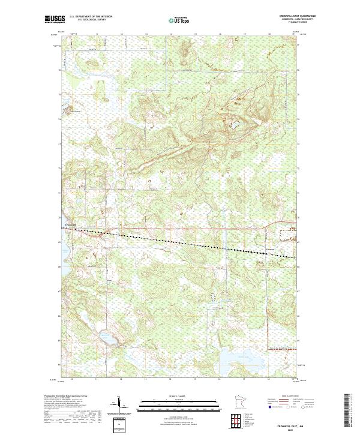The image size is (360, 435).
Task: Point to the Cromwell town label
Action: click(71, 226)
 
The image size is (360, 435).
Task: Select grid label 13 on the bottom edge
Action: click(146, 380)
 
